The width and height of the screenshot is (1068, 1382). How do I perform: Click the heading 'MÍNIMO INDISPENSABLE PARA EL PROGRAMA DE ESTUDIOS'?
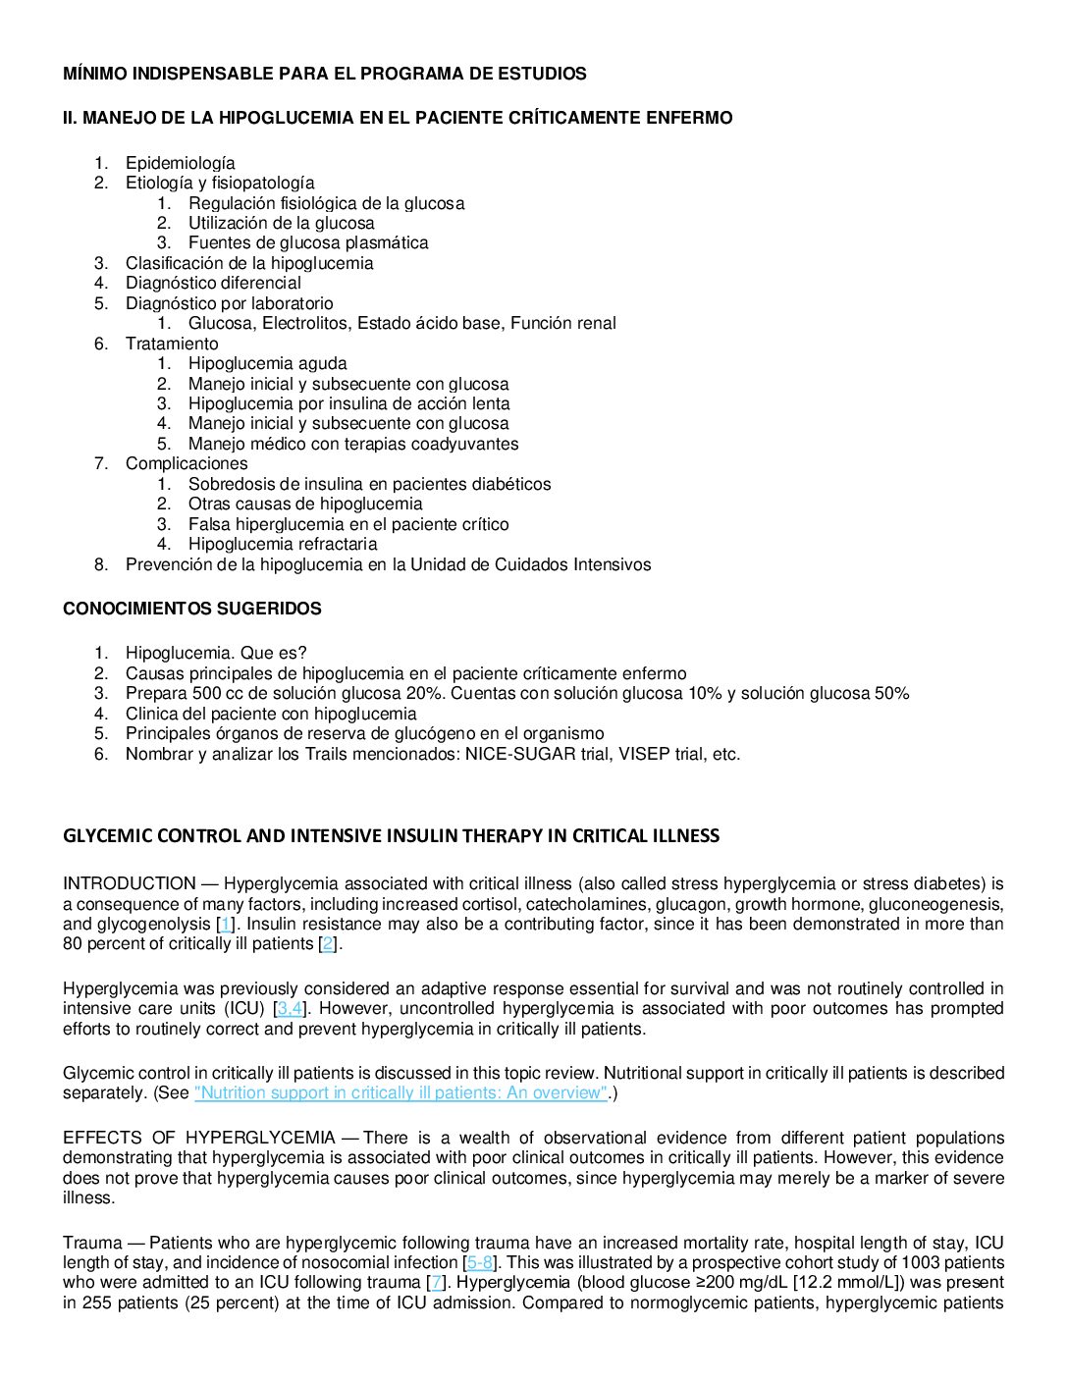click(324, 74)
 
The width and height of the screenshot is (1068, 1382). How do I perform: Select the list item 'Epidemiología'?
click(180, 163)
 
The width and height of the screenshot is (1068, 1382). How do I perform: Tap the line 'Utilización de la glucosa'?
click(281, 223)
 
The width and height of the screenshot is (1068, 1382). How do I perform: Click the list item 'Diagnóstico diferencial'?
click(213, 283)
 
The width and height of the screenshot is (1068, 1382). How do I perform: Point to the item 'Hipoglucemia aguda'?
click(267, 363)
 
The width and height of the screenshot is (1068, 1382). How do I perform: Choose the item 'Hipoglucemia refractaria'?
click(283, 544)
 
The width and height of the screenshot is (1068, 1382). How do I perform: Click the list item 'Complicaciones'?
click(187, 463)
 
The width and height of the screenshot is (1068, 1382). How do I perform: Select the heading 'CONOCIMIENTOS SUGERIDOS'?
click(191, 609)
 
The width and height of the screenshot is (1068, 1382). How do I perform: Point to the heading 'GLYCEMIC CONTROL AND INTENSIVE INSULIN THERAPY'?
click(391, 835)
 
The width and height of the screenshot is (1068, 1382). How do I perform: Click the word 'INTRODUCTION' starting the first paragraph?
click(129, 883)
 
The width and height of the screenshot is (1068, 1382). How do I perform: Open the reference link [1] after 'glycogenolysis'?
click(226, 924)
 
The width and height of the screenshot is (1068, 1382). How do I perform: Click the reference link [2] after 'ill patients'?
click(328, 943)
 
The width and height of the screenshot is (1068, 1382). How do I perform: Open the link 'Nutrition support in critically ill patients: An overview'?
click(401, 1092)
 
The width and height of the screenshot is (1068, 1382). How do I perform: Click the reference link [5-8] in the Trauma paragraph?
click(480, 1262)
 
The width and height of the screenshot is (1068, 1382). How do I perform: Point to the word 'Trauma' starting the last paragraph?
click(92, 1243)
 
